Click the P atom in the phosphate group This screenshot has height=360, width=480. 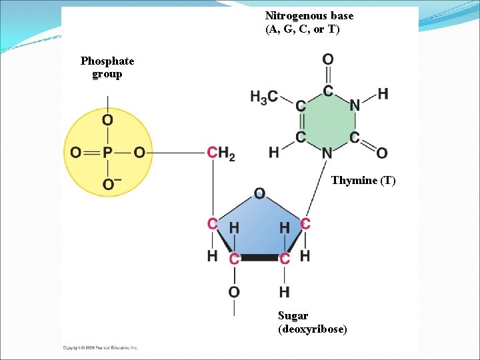click(107, 153)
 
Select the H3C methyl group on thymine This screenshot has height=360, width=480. click(264, 97)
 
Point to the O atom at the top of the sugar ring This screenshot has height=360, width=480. click(259, 193)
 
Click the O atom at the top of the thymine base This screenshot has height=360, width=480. click(328, 61)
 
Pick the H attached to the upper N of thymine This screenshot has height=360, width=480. click(383, 93)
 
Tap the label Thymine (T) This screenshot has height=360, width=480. click(363, 181)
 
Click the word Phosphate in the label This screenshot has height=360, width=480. click(107, 61)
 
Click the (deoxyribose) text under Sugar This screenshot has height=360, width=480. click(312, 329)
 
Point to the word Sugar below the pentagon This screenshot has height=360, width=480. click(293, 316)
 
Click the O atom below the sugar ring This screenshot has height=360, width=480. click(234, 291)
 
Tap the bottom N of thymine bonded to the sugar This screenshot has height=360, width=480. click(327, 154)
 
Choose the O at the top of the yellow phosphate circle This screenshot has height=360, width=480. click(107, 120)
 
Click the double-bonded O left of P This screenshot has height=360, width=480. click(76, 153)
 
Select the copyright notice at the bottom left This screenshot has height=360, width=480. click(100, 348)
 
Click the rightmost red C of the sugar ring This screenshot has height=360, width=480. click(305, 224)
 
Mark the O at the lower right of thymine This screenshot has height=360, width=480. click(382, 154)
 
